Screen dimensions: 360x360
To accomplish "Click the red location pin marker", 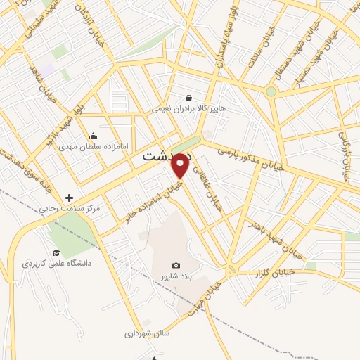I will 181,165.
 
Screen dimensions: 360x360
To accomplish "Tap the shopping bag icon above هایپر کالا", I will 188,98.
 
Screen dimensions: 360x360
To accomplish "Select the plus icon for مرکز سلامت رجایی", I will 69,198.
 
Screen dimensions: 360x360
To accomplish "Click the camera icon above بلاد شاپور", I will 176,266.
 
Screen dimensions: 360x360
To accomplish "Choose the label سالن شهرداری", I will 150,334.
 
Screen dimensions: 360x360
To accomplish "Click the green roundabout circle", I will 271,91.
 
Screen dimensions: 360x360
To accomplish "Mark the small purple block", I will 48,70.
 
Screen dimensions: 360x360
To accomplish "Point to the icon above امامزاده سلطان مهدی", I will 93,136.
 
